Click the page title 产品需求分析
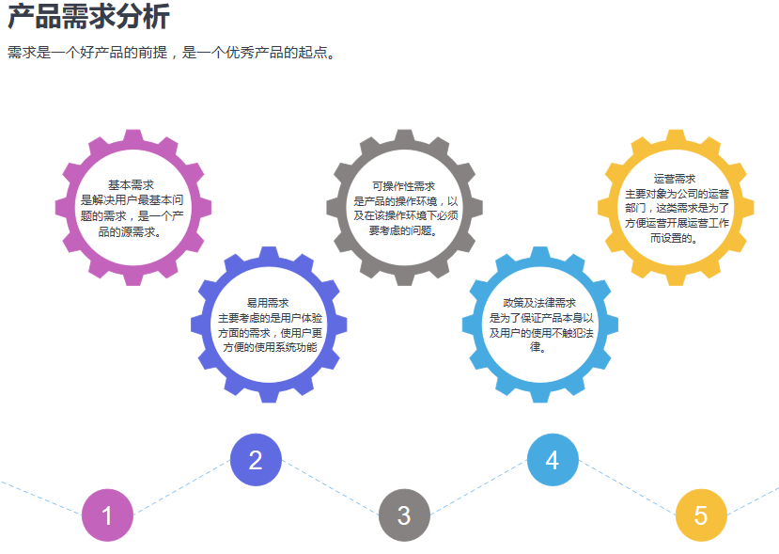click(x=88, y=17)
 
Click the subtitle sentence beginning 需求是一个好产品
click(x=171, y=53)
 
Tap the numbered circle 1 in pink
click(x=107, y=515)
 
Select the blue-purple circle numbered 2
click(x=256, y=460)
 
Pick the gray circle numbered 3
click(x=404, y=515)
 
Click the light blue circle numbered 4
click(x=553, y=460)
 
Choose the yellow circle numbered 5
click(x=701, y=515)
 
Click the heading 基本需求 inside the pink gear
click(x=132, y=185)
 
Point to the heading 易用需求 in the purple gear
click(x=269, y=303)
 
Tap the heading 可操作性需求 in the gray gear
click(x=404, y=186)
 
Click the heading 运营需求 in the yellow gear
click(x=675, y=178)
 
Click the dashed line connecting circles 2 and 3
click(x=330, y=488)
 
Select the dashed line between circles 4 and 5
click(x=627, y=488)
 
